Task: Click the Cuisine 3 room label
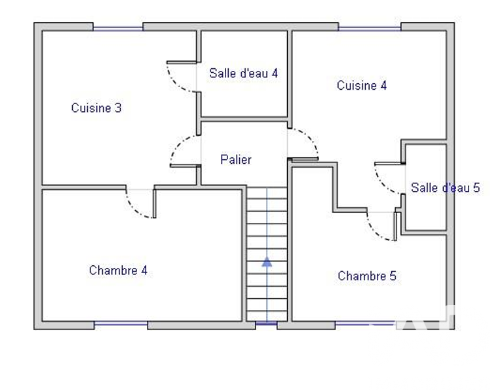pyautogui.click(x=96, y=108)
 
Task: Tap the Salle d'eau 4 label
pyautogui.click(x=244, y=73)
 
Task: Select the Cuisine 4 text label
pyautogui.click(x=361, y=85)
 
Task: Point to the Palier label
pyautogui.click(x=236, y=159)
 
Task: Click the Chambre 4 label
pyautogui.click(x=118, y=270)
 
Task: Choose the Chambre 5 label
pyautogui.click(x=367, y=276)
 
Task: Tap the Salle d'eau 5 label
pyautogui.click(x=445, y=188)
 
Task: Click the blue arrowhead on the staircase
pyautogui.click(x=267, y=262)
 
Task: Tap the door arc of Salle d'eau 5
pyautogui.click(x=383, y=185)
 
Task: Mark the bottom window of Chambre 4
pyautogui.click(x=121, y=324)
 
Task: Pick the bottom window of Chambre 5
pyautogui.click(x=366, y=324)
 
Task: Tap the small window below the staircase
pyautogui.click(x=266, y=323)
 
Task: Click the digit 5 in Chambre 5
pyautogui.click(x=393, y=276)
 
